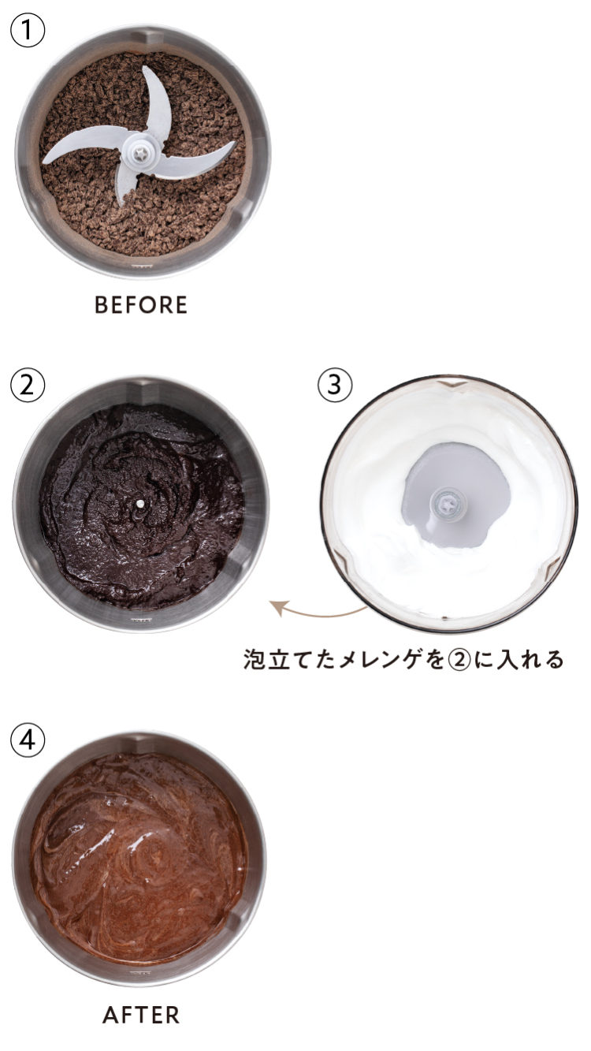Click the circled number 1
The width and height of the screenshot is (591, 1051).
28,30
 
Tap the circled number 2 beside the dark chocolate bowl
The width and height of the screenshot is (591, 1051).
28,385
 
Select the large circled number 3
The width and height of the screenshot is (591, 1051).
335,385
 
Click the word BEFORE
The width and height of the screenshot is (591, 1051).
141,305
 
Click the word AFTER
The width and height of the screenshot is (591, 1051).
141,1015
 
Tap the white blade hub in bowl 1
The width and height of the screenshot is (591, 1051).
139,153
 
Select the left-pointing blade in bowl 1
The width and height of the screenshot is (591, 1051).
84,147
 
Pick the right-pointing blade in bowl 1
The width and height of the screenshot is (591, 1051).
193,158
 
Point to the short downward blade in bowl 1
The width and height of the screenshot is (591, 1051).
124,184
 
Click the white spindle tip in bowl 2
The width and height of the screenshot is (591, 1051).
139,504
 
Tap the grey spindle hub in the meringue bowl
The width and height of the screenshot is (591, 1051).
448,505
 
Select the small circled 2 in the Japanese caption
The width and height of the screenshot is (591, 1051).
459,660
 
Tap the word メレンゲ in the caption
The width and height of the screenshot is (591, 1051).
378,660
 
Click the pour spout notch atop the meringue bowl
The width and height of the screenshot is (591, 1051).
449,385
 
